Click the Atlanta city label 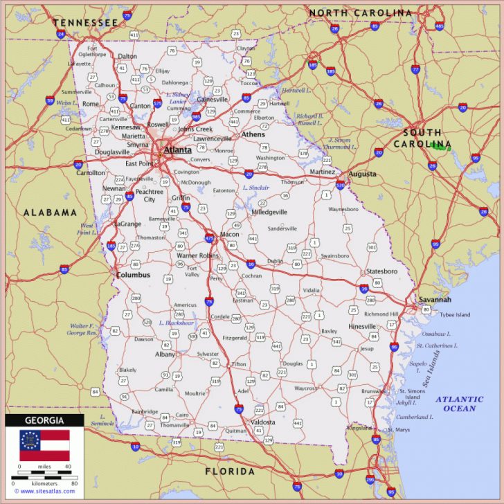pyautogui.click(x=179, y=149)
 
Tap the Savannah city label pyautogui.click(x=435, y=300)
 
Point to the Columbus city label pyautogui.click(x=133, y=275)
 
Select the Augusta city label pyautogui.click(x=362, y=174)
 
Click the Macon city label pyautogui.click(x=229, y=234)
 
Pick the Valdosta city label pyautogui.click(x=262, y=422)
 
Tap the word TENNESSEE pyautogui.click(x=85, y=23)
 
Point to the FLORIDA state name pyautogui.click(x=230, y=471)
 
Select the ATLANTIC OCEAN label pyautogui.click(x=459, y=404)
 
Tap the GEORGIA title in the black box pyautogui.click(x=44, y=420)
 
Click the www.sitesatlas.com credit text pyautogui.click(x=44, y=492)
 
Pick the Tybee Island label pyautogui.click(x=454, y=315)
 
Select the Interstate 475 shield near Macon pyautogui.click(x=209, y=238)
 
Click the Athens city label pyautogui.click(x=253, y=134)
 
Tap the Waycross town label pyautogui.click(x=305, y=388)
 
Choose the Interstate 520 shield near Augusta pyautogui.click(x=340, y=186)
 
